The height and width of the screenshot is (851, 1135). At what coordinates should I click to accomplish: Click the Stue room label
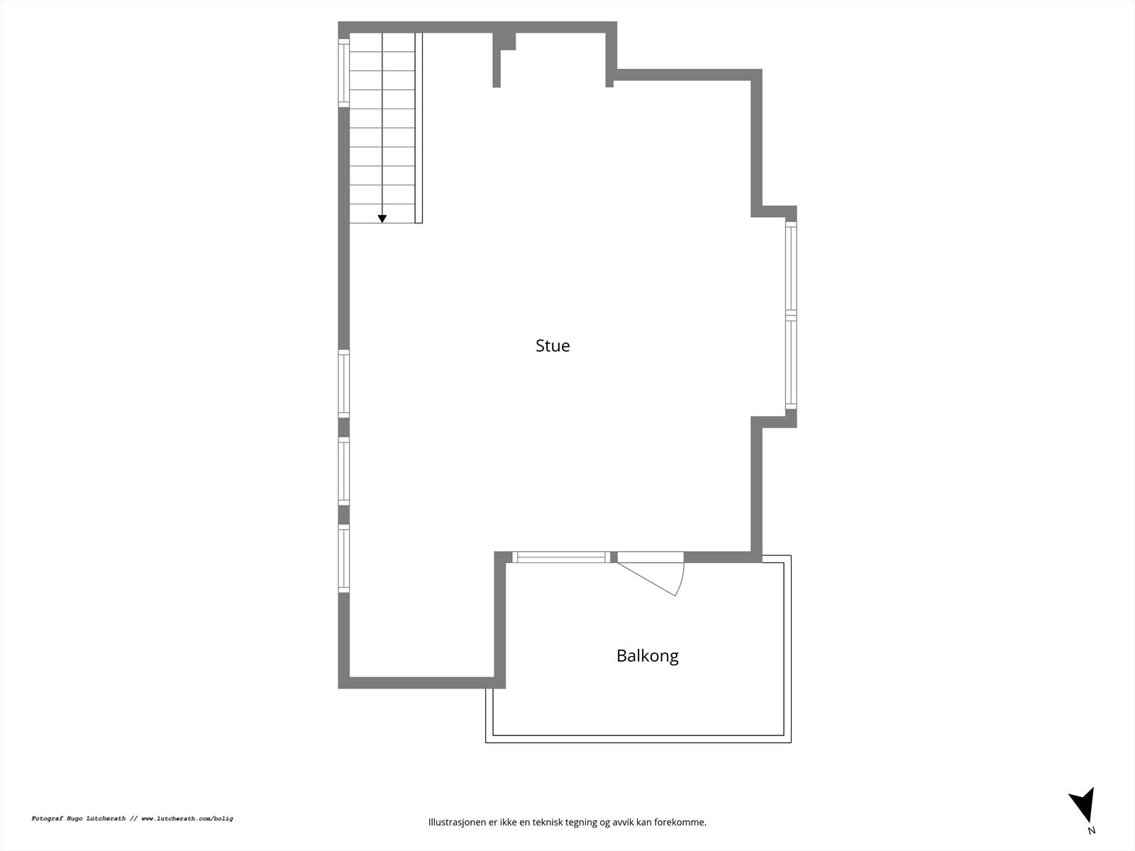[x=553, y=345]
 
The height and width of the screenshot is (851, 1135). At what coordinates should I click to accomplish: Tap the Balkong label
[x=647, y=655]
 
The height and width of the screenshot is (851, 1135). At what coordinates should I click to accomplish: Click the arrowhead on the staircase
[x=382, y=218]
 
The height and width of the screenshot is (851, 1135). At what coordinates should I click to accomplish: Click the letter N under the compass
[x=1091, y=830]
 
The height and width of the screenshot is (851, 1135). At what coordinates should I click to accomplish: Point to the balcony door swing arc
[x=679, y=578]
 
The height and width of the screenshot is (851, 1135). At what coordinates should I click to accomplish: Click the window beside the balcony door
[x=560, y=557]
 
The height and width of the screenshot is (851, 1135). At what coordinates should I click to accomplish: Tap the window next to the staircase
[x=344, y=73]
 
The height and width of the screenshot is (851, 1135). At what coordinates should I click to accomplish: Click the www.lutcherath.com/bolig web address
[x=187, y=818]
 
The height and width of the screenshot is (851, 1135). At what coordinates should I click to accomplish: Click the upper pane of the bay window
[x=791, y=267]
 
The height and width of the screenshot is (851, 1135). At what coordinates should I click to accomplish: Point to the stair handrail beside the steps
[x=419, y=128]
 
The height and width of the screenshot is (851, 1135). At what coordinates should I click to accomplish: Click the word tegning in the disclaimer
[x=582, y=823]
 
